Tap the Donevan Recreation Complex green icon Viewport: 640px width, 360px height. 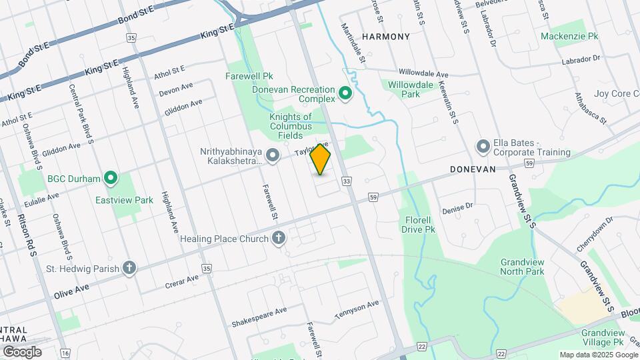pyautogui.click(x=345, y=93)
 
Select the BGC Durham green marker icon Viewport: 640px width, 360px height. pyautogui.click(x=111, y=178)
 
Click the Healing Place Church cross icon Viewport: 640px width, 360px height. pyautogui.click(x=279, y=238)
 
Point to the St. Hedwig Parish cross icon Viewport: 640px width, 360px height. pyautogui.click(x=129, y=269)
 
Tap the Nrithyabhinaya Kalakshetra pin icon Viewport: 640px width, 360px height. pyautogui.click(x=272, y=156)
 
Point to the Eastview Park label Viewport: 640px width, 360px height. pyautogui.click(x=124, y=200)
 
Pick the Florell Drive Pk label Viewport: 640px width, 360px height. pyautogui.click(x=418, y=224)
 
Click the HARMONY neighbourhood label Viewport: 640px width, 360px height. pyautogui.click(x=385, y=36)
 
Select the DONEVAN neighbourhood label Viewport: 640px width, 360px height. pyautogui.click(x=473, y=169)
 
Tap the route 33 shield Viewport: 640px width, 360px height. pyautogui.click(x=346, y=181)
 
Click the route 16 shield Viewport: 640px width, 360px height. pyautogui.click(x=65, y=353)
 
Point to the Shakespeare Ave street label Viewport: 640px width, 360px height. pyautogui.click(x=259, y=317)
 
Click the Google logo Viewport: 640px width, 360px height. pyautogui.click(x=22, y=352)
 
